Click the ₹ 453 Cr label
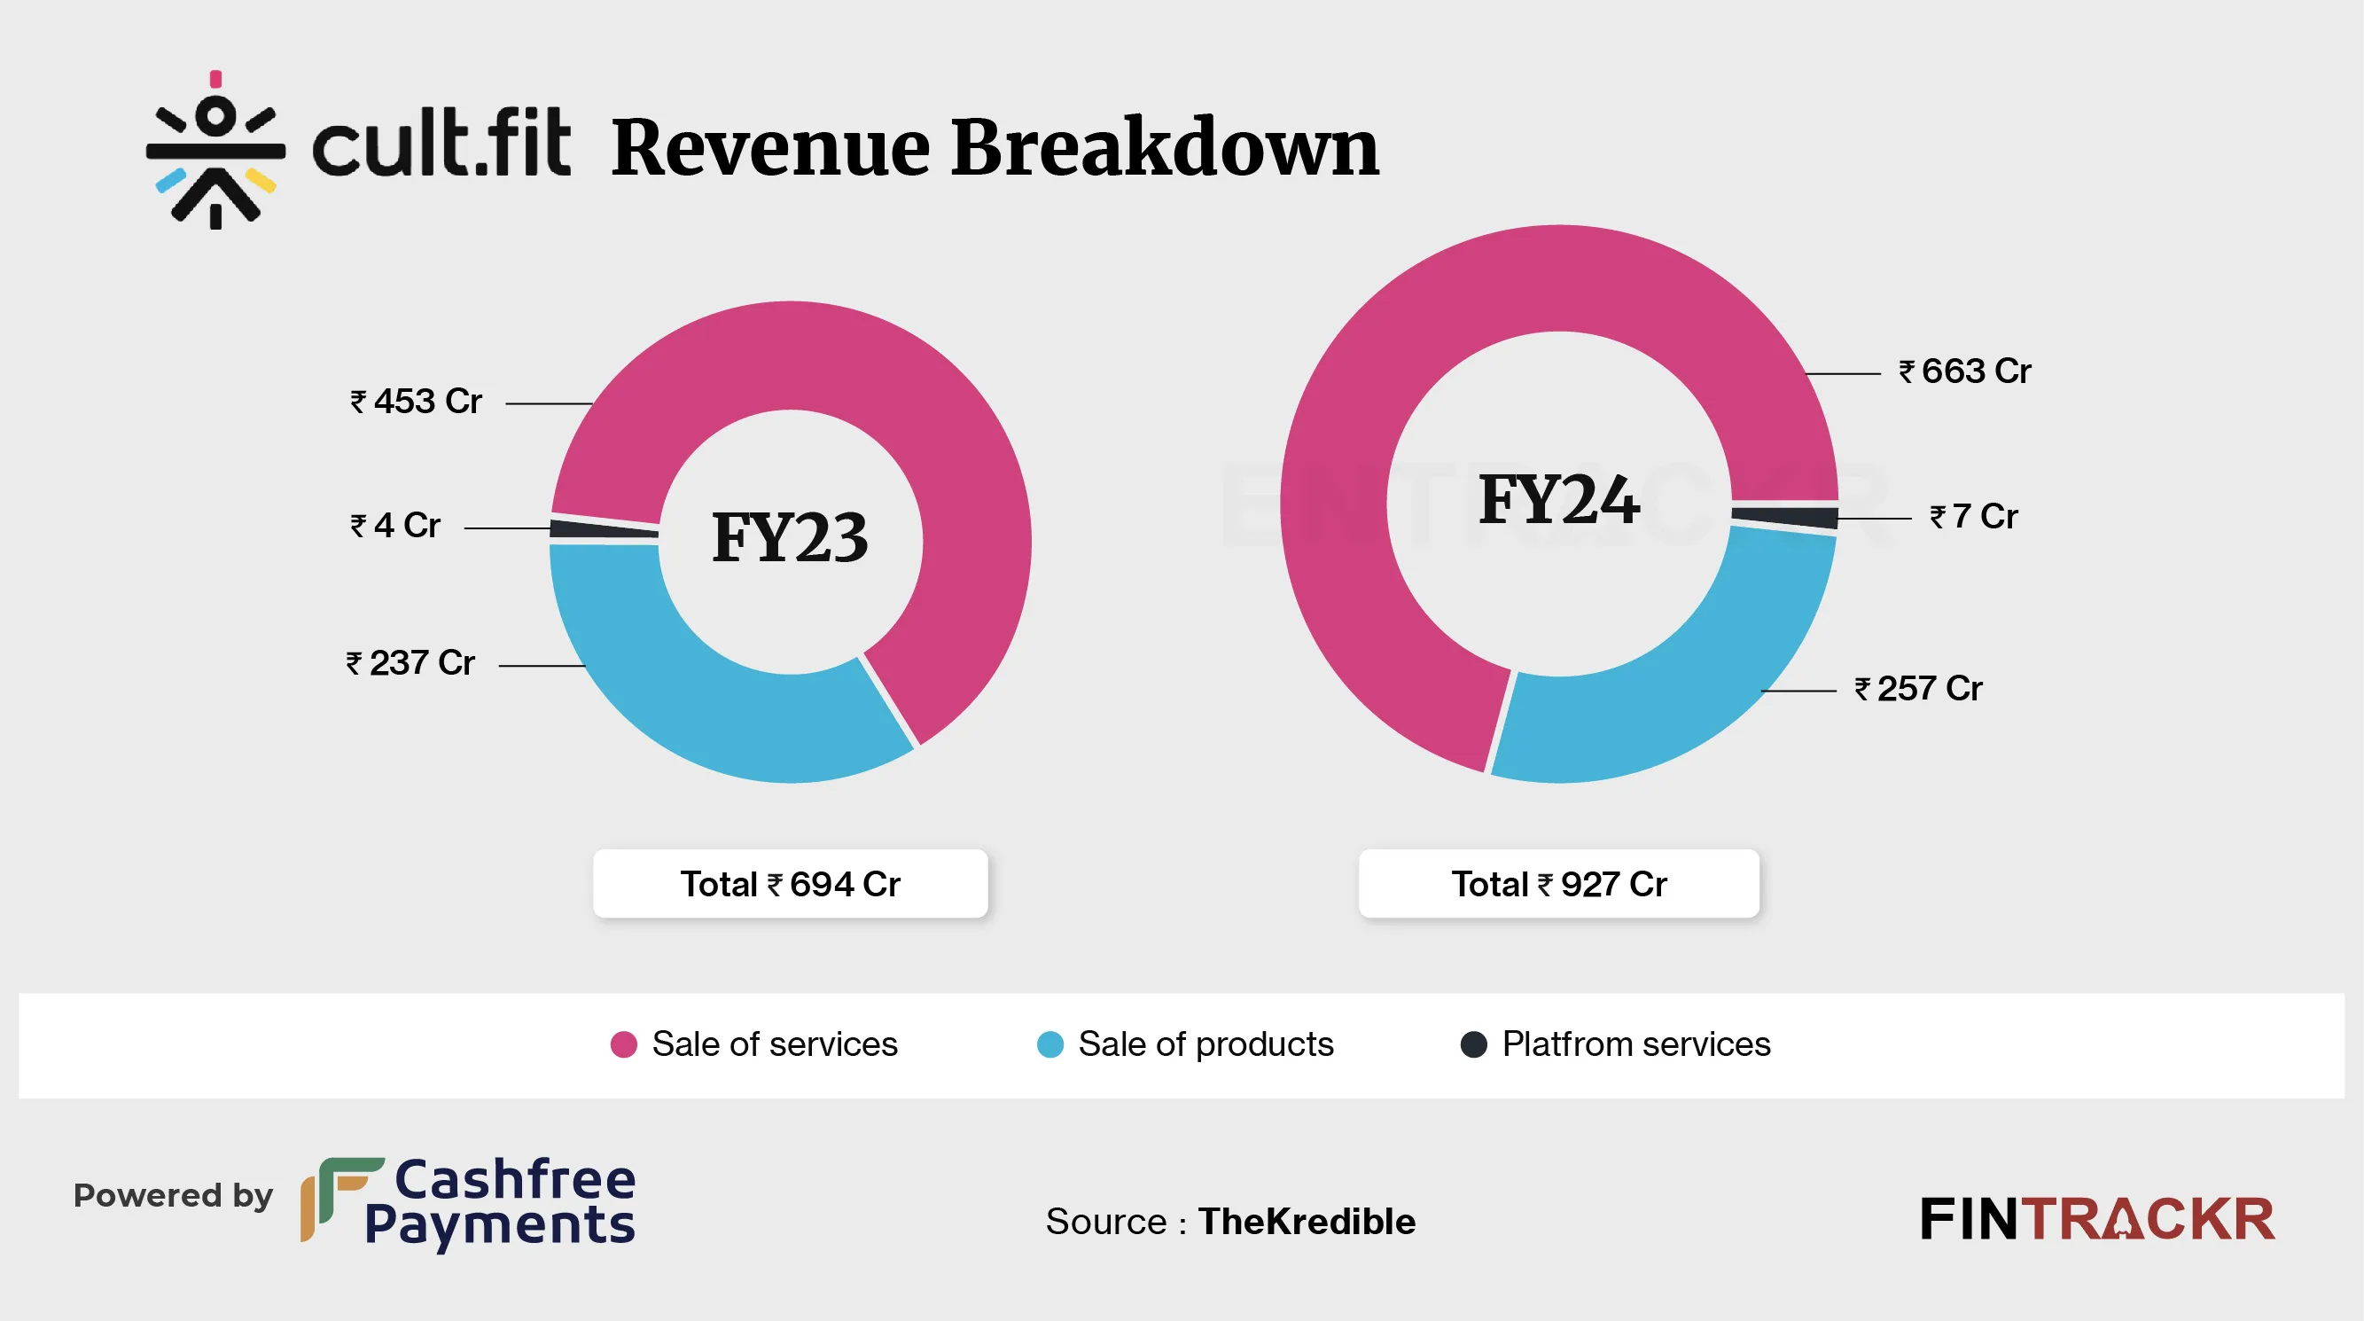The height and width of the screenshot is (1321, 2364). pos(416,401)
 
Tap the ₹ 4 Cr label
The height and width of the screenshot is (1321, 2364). pos(395,525)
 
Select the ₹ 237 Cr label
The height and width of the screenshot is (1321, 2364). pos(410,663)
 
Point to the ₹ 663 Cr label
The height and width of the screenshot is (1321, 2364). pos(1965,371)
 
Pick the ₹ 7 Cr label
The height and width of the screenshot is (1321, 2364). pos(1973,516)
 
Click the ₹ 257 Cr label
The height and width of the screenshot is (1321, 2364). pos(1918,689)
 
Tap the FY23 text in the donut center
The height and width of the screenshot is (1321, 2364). pos(789,538)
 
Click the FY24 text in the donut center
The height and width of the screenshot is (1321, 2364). pos(1558,500)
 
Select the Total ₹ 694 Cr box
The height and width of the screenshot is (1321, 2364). pos(790,883)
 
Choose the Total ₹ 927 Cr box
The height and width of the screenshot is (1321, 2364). pos(1558,883)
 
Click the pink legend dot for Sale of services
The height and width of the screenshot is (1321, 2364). pos(624,1044)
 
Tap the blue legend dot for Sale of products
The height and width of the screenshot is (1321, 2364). pos(1049,1044)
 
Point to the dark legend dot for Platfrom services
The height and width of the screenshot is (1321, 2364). pos(1474,1044)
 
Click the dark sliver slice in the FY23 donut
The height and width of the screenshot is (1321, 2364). pos(603,529)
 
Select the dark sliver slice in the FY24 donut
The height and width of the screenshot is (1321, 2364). pos(1786,516)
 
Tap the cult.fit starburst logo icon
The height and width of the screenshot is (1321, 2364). pos(215,151)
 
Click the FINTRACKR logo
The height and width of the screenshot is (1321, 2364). pos(2097,1219)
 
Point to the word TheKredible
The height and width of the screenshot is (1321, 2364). pos(1306,1221)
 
